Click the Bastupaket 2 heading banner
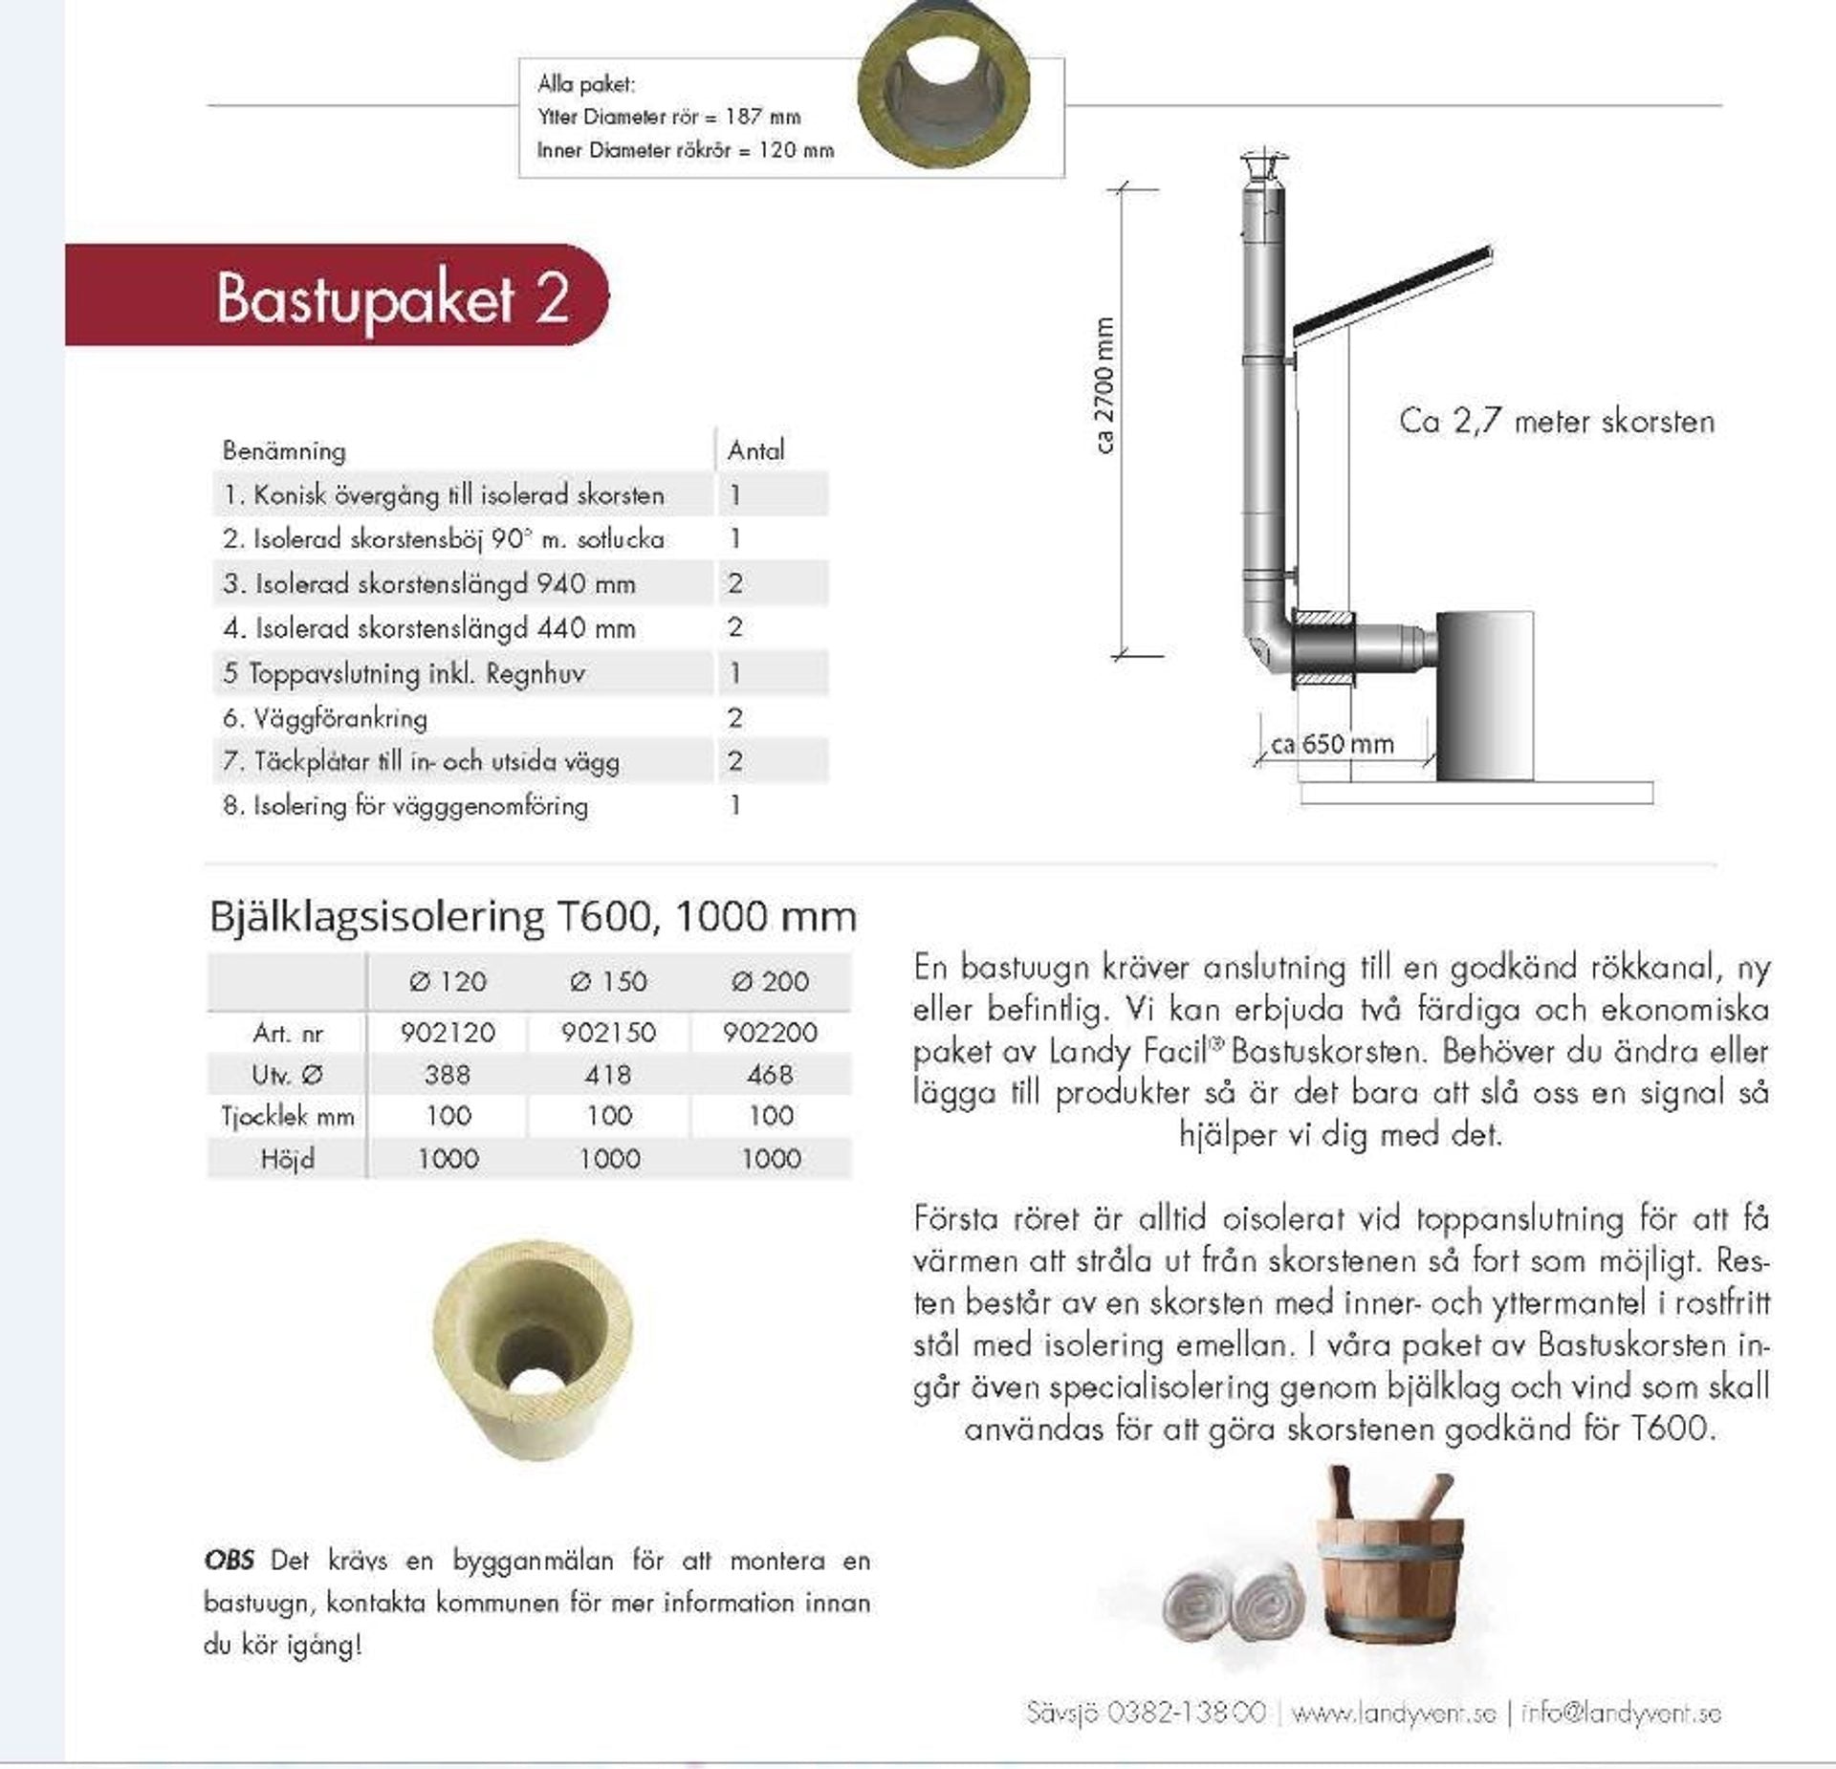click(x=392, y=296)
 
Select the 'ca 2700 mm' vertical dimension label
click(x=1104, y=384)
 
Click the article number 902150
click(x=608, y=1033)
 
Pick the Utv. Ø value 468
click(x=770, y=1075)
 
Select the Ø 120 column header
click(x=448, y=981)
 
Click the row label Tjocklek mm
click(x=287, y=1117)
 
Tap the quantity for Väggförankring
click(x=734, y=718)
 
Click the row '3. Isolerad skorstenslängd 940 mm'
click(x=429, y=583)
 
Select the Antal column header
click(x=755, y=450)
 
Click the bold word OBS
click(x=229, y=1561)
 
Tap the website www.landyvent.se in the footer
click(x=1393, y=1713)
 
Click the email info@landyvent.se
click(x=1621, y=1713)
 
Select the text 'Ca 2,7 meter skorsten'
click(x=1556, y=422)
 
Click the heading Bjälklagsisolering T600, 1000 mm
click(x=533, y=917)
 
